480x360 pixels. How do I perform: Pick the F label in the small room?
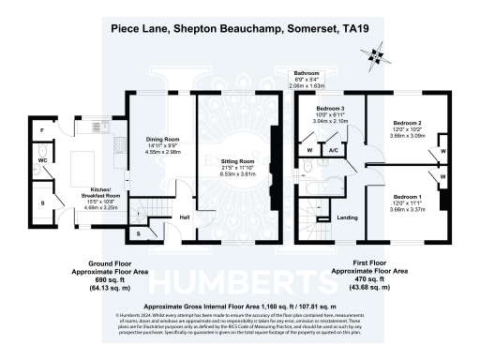41,127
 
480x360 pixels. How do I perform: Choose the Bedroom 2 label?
406,123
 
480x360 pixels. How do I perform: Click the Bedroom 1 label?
406,196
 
